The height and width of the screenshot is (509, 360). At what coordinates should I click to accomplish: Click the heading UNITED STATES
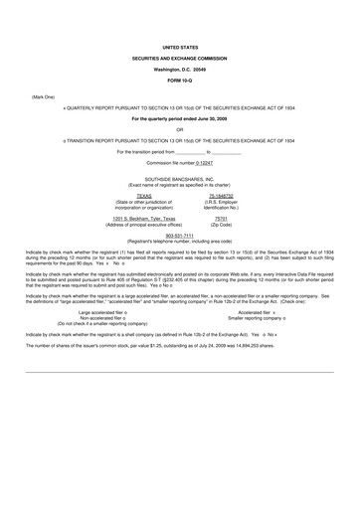[x=180, y=47]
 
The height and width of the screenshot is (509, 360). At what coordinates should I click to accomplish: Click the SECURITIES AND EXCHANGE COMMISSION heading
[x=180, y=59]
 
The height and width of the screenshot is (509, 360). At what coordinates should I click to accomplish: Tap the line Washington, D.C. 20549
[x=180, y=71]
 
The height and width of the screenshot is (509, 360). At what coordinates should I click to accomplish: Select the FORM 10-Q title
[x=180, y=83]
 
